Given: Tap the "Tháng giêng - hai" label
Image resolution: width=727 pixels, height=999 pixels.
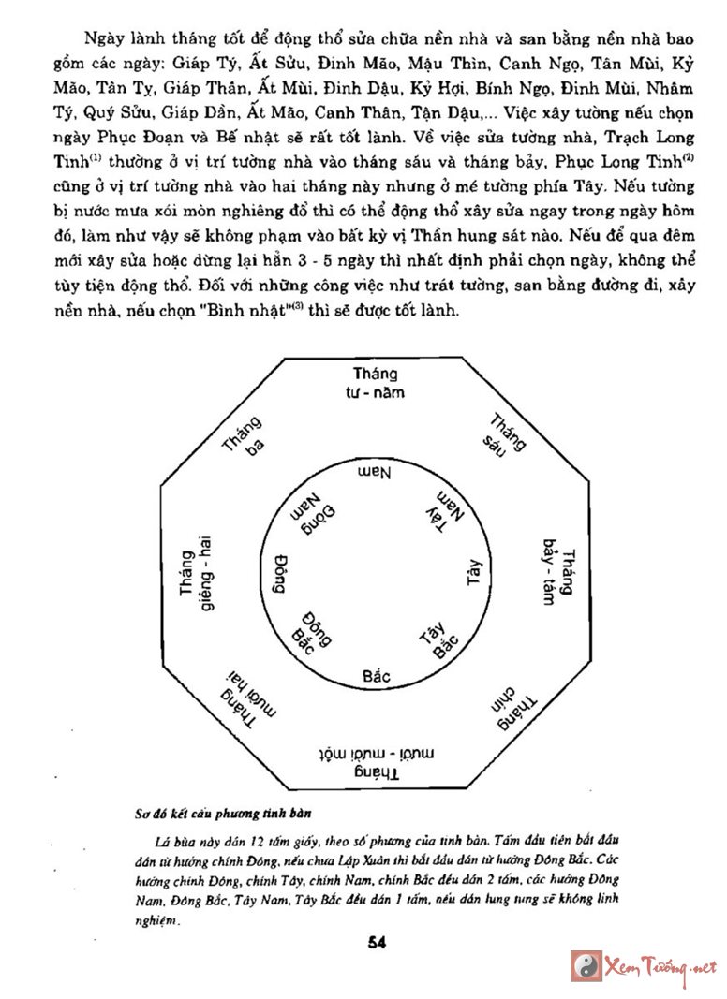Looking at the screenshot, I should pos(193,574).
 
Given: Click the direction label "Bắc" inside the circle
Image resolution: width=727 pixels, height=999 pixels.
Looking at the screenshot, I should pos(376,675).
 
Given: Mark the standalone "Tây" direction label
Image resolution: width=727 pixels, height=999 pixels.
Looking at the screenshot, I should pos(473,573).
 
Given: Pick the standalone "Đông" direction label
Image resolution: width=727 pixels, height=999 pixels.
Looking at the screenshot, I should pos(278,573).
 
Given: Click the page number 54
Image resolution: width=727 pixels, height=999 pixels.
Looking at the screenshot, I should pos(377,943).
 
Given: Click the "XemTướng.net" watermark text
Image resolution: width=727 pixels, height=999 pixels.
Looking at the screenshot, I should pos(660,966).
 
